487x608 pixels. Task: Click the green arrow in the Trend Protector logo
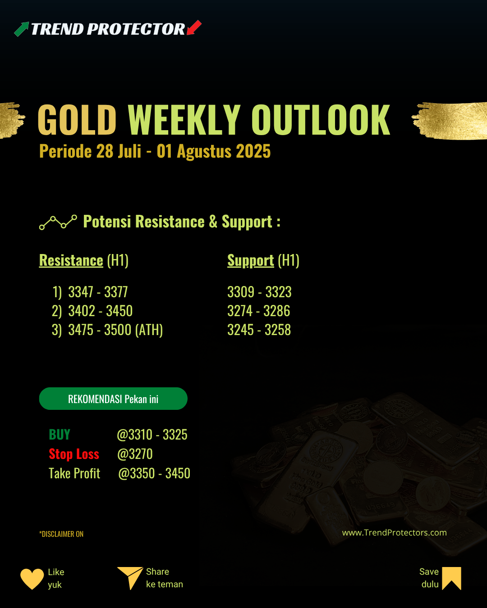click(22, 29)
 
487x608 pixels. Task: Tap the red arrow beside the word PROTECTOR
click(194, 27)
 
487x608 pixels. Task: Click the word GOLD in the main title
click(77, 119)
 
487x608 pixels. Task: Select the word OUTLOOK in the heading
click(321, 119)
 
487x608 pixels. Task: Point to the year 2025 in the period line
click(253, 151)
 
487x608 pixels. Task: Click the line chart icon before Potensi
click(58, 222)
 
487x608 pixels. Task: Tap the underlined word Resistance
click(71, 260)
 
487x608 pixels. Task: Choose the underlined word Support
click(250, 260)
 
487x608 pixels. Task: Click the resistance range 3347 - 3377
click(98, 292)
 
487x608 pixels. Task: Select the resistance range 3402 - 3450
click(101, 311)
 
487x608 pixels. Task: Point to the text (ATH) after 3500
click(149, 330)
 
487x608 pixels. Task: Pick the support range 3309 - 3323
click(259, 292)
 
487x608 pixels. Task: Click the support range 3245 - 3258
click(259, 330)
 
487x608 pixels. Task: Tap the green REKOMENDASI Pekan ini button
click(113, 399)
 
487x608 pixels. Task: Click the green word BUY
click(60, 435)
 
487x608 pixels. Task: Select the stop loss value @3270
click(135, 454)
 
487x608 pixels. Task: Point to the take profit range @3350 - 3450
click(154, 473)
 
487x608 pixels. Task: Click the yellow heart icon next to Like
click(32, 579)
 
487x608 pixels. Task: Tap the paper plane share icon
click(130, 578)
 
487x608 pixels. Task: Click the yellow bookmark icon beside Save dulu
click(452, 578)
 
